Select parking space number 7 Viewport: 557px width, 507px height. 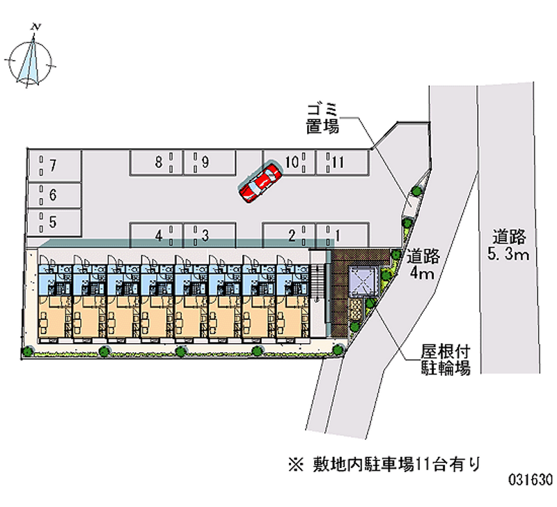(54, 166)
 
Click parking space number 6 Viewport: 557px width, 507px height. (54, 195)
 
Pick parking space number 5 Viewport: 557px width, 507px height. (54, 222)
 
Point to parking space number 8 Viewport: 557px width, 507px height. (156, 163)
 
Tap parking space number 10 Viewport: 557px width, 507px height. (290, 163)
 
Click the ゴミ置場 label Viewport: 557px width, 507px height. (322, 118)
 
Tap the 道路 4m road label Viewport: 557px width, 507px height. (421, 264)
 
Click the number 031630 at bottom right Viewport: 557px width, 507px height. (530, 481)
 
